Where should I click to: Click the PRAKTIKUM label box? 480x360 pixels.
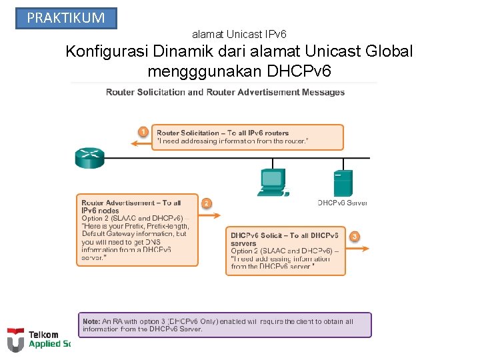tap(66, 18)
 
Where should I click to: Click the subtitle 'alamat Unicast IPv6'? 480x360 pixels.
tap(239, 33)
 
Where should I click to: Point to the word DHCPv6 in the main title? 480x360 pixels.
tap(299, 70)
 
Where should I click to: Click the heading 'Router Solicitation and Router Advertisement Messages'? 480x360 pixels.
tap(225, 92)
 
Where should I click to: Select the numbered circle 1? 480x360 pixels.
tap(143, 131)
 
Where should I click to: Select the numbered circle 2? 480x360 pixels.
tap(207, 203)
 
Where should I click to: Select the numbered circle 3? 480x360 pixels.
tap(355, 236)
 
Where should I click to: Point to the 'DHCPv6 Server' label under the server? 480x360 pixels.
tap(342, 203)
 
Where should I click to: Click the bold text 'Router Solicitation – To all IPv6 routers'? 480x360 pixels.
tap(223, 133)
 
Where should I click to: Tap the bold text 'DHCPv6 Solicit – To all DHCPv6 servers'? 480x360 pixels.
tap(284, 239)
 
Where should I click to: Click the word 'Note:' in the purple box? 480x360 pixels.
tap(91, 321)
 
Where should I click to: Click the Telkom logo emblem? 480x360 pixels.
tap(15, 340)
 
